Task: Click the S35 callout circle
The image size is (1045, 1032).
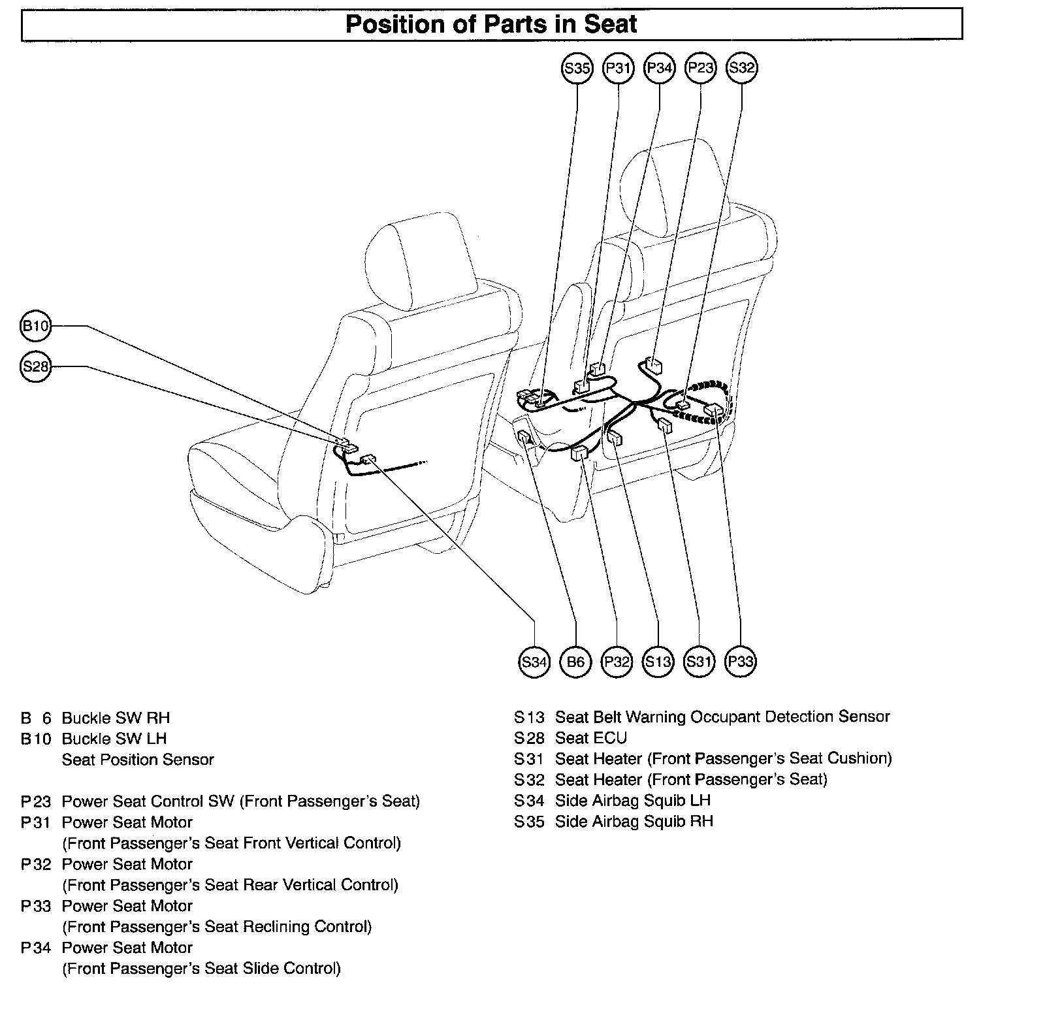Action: pyautogui.click(x=577, y=68)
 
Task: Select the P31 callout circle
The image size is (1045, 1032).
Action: pyautogui.click(x=618, y=68)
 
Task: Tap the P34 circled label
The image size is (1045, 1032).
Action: pyautogui.click(x=659, y=68)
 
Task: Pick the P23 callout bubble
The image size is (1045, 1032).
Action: pyautogui.click(x=700, y=68)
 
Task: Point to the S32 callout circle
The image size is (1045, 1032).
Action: pyautogui.click(x=741, y=68)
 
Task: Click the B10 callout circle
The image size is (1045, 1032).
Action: pyautogui.click(x=35, y=325)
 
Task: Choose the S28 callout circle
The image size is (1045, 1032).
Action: pyautogui.click(x=35, y=366)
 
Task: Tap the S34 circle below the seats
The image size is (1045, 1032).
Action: pyautogui.click(x=534, y=662)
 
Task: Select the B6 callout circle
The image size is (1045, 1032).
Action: pyautogui.click(x=575, y=662)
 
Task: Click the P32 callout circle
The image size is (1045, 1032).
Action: pyautogui.click(x=617, y=662)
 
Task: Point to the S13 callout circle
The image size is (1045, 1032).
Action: pyautogui.click(x=658, y=662)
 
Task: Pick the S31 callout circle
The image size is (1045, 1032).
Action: pyautogui.click(x=699, y=662)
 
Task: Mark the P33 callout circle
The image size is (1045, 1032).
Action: pyautogui.click(x=741, y=662)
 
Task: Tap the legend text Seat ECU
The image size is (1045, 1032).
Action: pyautogui.click(x=590, y=738)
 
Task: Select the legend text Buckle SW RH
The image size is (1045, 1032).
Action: pyautogui.click(x=116, y=718)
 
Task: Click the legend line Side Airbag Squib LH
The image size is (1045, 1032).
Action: pyautogui.click(x=632, y=801)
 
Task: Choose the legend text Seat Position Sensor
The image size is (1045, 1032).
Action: pyautogui.click(x=138, y=760)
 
